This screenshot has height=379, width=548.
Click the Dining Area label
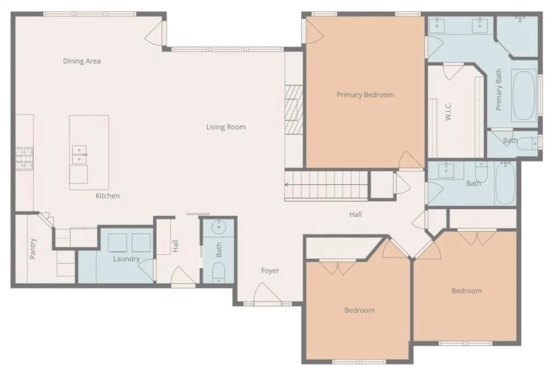click(82, 61)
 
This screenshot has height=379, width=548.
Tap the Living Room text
click(226, 127)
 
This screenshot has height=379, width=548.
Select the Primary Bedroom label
click(365, 95)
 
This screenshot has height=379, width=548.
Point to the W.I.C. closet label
click(448, 111)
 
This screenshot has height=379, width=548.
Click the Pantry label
click(33, 248)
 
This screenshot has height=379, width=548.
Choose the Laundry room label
click(126, 259)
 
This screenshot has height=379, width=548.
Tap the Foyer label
click(270, 271)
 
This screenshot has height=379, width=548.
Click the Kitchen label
click(108, 196)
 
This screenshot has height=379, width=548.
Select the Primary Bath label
click(498, 89)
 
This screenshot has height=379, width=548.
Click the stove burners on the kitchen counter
click(24, 159)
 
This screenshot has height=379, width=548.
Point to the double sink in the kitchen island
click(79, 155)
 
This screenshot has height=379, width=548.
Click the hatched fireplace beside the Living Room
click(293, 109)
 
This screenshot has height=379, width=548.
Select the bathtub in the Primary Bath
click(523, 95)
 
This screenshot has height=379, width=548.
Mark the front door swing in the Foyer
click(267, 292)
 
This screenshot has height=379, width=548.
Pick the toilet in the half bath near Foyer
click(219, 272)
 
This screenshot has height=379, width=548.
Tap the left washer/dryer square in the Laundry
click(117, 242)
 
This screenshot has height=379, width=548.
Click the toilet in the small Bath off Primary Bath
click(528, 143)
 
